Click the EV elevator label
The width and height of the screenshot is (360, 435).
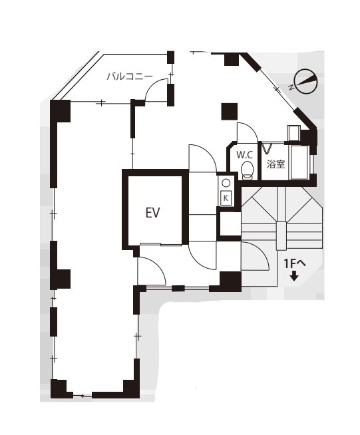point(153,213)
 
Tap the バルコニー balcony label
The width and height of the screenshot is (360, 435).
point(130,76)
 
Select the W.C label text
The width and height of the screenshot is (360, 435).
point(244,155)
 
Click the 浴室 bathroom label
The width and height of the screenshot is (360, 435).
point(275,164)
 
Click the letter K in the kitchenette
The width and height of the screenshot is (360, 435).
point(226,198)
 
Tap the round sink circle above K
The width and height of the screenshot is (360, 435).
point(226,183)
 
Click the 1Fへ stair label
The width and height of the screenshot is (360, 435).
point(294,263)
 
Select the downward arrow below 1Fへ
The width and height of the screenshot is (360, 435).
point(294,277)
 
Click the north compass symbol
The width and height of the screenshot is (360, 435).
point(305,81)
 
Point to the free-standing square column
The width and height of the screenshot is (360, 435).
point(230,111)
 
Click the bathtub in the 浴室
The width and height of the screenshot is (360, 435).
point(299,162)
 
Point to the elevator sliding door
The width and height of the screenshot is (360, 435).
point(161,244)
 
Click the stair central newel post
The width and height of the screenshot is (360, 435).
point(281,236)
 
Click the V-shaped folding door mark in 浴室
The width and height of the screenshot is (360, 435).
point(267,148)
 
